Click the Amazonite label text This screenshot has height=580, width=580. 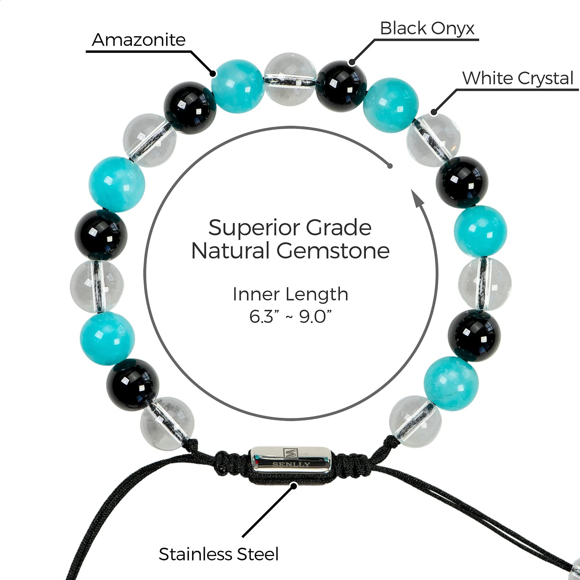138,40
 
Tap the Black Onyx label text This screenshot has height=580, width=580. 427,28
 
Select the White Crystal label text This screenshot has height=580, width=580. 518,78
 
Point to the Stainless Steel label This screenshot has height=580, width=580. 219,554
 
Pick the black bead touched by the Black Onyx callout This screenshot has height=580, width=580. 341,86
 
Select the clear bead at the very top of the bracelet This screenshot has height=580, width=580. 290,79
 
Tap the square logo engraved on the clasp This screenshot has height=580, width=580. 291,453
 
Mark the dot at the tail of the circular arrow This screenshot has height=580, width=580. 390,166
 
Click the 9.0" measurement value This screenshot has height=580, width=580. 315,316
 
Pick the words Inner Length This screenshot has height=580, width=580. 290,294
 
